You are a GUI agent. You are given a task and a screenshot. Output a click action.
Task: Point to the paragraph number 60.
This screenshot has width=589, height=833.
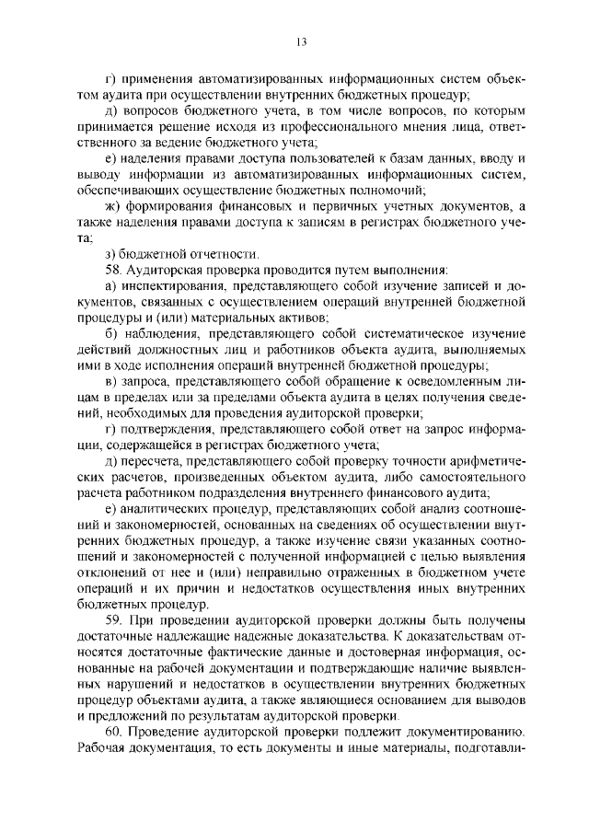point(113,758)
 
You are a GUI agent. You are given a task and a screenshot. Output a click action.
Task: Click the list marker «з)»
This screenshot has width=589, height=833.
point(111,253)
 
